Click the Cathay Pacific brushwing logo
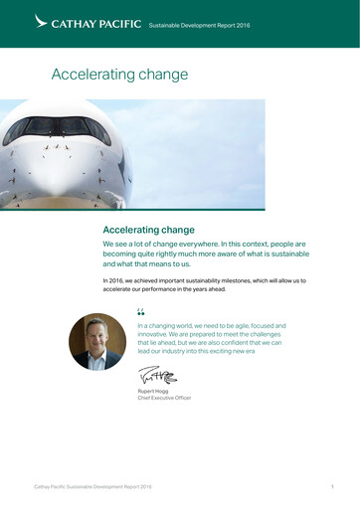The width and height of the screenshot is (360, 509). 41,21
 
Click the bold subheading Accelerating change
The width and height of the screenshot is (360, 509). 149,230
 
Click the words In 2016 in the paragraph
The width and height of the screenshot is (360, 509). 112,281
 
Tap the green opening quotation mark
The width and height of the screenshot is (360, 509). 140,314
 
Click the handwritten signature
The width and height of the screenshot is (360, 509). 156,376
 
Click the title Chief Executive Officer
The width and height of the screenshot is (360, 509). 164,398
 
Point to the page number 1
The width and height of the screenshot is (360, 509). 331,487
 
